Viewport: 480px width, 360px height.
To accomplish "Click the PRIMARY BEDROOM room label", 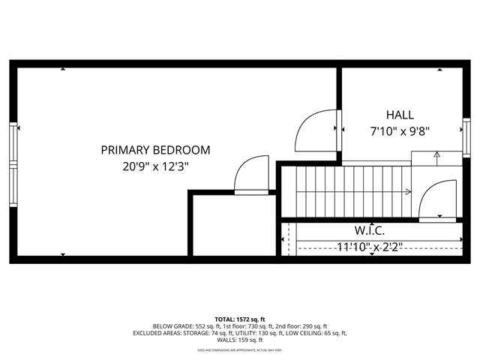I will pyautogui.click(x=155, y=150).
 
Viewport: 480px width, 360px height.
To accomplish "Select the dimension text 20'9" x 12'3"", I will pyautogui.click(x=155, y=167).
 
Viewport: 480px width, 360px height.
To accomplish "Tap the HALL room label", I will pyautogui.click(x=400, y=115).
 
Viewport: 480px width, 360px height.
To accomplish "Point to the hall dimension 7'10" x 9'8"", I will pyautogui.click(x=400, y=130).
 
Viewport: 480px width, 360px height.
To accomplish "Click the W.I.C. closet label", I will pyautogui.click(x=370, y=230).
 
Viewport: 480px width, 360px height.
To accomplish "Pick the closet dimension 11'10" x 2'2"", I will pyautogui.click(x=369, y=245).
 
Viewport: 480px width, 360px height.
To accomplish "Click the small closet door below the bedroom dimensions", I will pyautogui.click(x=251, y=176).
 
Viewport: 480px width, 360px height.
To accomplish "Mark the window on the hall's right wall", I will pyautogui.click(x=466, y=137).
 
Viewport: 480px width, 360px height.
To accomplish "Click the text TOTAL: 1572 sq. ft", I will pyautogui.click(x=240, y=318).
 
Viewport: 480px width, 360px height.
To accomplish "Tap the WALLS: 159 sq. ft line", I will pyautogui.click(x=240, y=340).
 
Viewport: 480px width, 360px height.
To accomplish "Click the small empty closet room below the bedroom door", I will pyautogui.click(x=232, y=225).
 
